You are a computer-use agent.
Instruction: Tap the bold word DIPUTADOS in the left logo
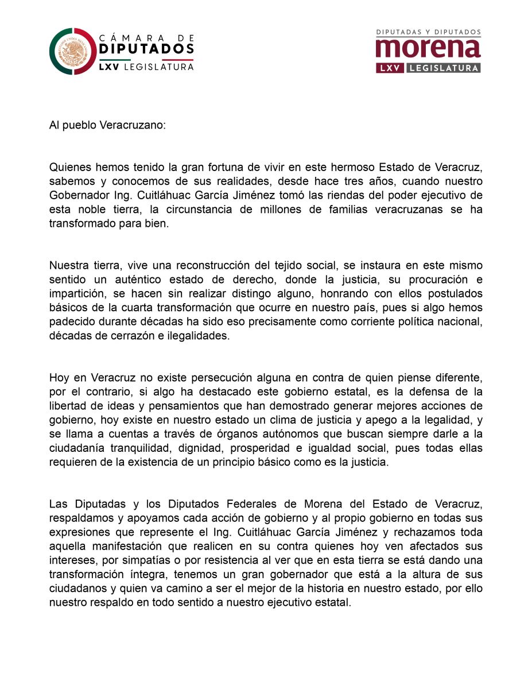[x=146, y=49]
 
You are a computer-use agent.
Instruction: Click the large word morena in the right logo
[x=428, y=49]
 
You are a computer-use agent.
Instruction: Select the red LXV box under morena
[x=389, y=68]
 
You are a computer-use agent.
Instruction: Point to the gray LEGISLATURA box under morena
[x=443, y=68]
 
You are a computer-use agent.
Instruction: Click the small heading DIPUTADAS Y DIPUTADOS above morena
[x=428, y=32]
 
